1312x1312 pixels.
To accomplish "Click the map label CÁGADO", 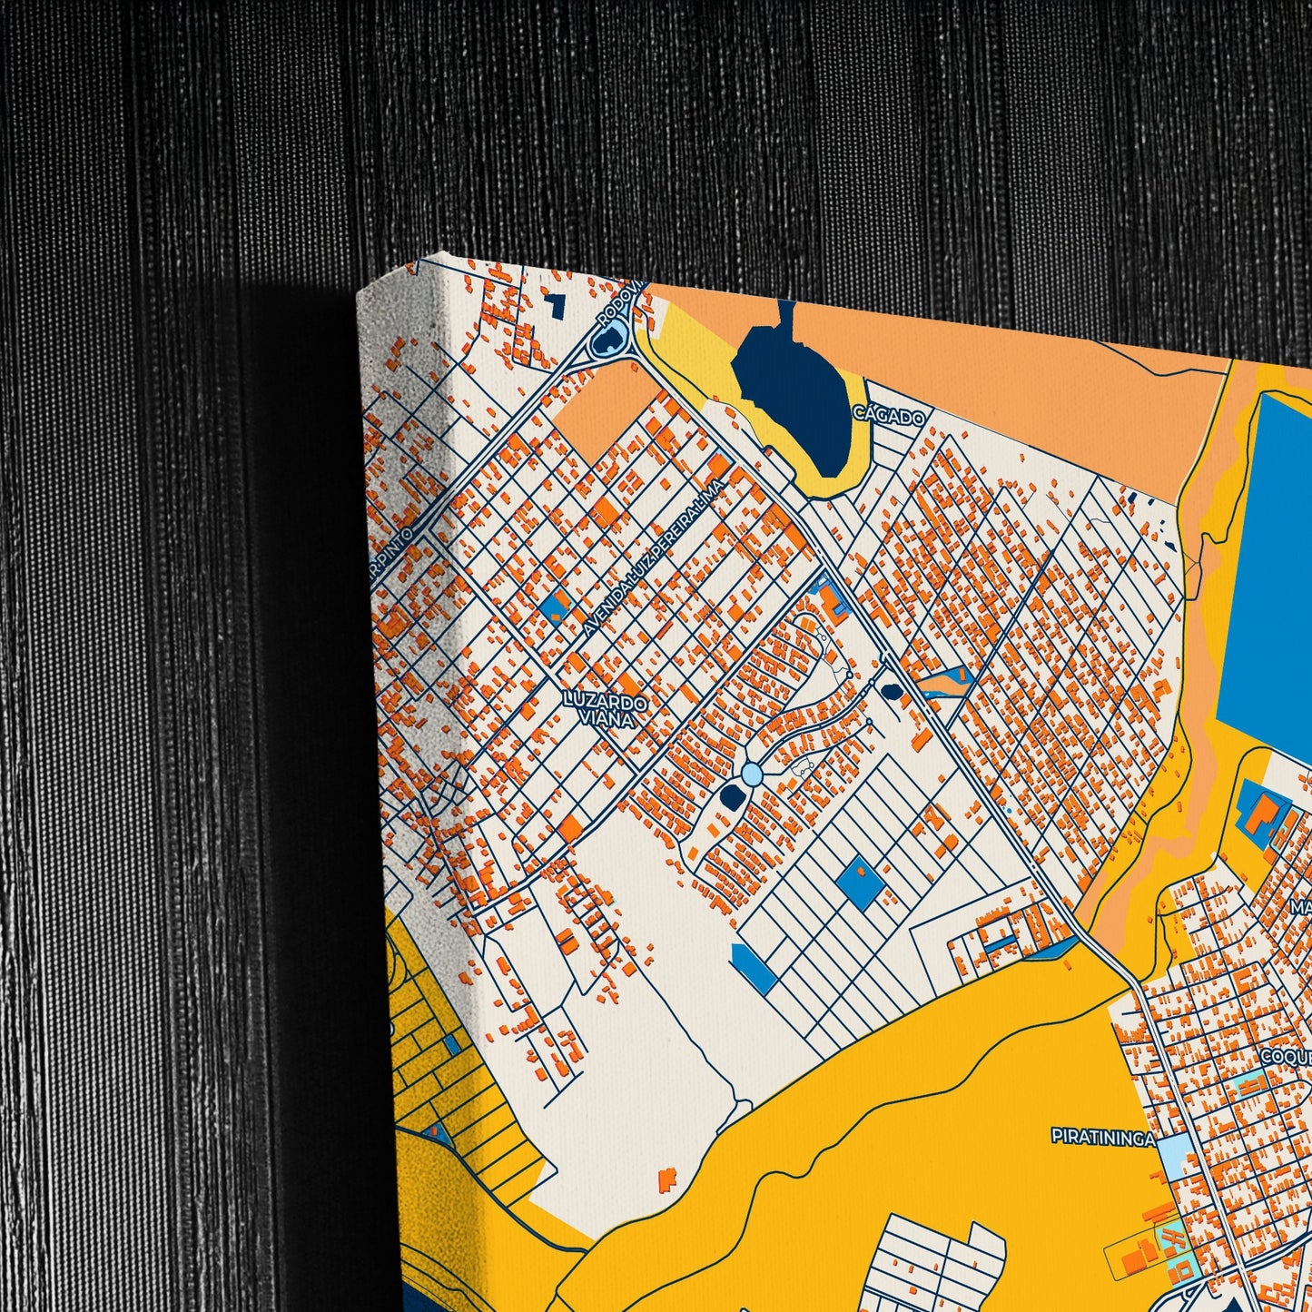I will pyautogui.click(x=889, y=417).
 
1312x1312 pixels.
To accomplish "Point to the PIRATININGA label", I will pyautogui.click(x=1102, y=1137).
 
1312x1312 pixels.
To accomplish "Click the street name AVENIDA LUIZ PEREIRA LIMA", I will pyautogui.click(x=654, y=557).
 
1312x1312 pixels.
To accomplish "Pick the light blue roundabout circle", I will pyautogui.click(x=752, y=774).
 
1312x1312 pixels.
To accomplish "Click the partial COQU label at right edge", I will pyautogui.click(x=1286, y=1057).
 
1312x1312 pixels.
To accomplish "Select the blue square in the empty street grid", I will pyautogui.click(x=858, y=880).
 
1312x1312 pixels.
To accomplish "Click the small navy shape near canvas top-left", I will pyautogui.click(x=553, y=304).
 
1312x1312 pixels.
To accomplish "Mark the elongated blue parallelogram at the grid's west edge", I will pyautogui.click(x=754, y=968).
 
